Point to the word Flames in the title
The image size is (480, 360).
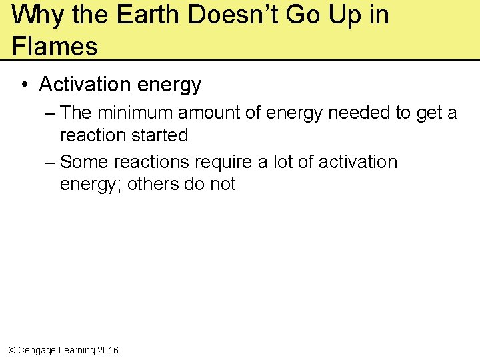click(55, 46)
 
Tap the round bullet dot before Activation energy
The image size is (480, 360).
click(25, 85)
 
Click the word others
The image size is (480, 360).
click(153, 184)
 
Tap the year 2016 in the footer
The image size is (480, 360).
click(108, 350)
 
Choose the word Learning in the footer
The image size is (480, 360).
click(75, 350)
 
